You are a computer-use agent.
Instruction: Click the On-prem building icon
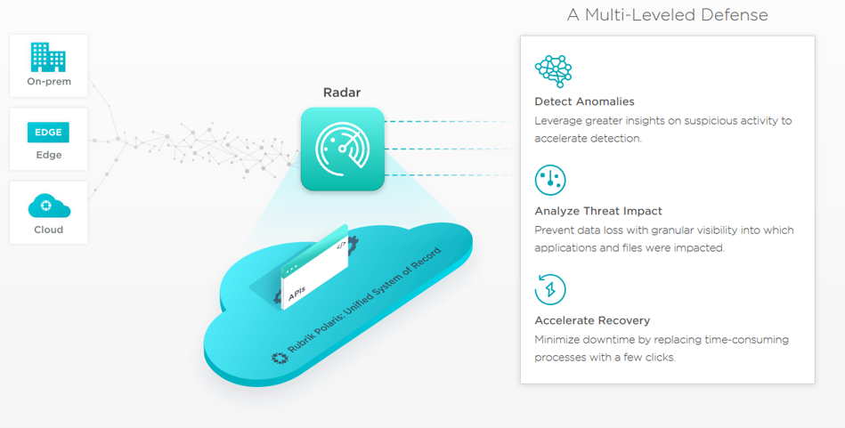point(48,57)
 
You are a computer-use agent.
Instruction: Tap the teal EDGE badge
point(48,133)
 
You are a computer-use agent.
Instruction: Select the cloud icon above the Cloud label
point(49,206)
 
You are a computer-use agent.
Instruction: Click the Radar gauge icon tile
point(343,149)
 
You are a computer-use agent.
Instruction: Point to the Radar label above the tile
point(342,93)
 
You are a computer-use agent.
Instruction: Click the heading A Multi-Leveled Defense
point(667,14)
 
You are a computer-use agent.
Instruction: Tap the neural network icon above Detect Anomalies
point(554,70)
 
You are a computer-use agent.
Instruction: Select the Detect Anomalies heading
point(584,101)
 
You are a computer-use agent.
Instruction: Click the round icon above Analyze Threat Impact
point(550,180)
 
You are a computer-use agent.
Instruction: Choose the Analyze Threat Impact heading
point(598,211)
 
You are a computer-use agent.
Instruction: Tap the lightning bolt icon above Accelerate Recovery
point(550,290)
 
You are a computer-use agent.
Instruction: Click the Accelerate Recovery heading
point(592,320)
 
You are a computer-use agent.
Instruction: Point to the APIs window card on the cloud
point(314,268)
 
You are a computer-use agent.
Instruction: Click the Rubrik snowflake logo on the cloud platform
point(280,359)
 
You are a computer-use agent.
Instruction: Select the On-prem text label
point(49,82)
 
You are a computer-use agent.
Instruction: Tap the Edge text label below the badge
point(49,155)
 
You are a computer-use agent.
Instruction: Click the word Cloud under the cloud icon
point(48,230)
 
